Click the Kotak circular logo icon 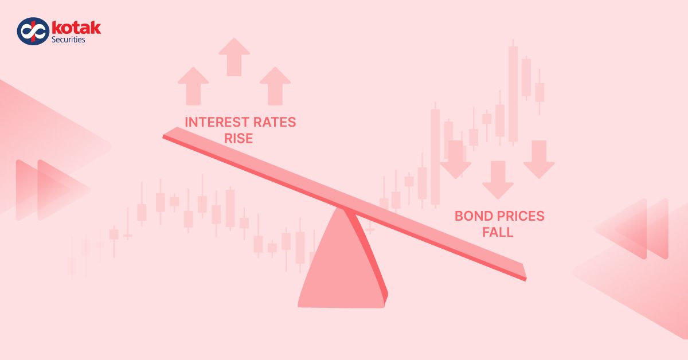[32, 32]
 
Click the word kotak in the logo [76, 28]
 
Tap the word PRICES [520, 216]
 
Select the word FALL [498, 233]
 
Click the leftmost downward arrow [456, 160]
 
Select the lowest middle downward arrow [498, 179]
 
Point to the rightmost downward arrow [539, 160]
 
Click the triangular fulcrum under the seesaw [342, 264]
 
